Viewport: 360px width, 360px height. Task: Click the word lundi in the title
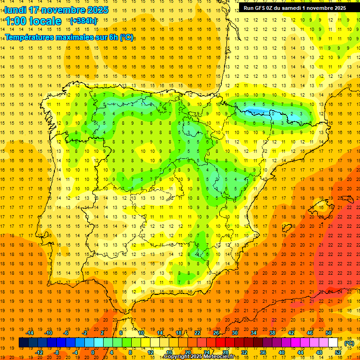[x=15, y=10]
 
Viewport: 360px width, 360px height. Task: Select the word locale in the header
[x=45, y=21]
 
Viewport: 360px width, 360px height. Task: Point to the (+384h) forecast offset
[x=83, y=21]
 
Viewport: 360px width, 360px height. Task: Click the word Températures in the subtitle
[x=30, y=37]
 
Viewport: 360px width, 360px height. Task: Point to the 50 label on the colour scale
[x=329, y=333]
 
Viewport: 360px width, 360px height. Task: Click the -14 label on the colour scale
[x=30, y=333]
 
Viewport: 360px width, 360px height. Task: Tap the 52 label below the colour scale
[x=338, y=352]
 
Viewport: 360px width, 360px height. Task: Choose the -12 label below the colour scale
[x=39, y=352]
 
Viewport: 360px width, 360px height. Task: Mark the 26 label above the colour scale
[x=216, y=333]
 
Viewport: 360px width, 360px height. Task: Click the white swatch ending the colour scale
[x=333, y=343]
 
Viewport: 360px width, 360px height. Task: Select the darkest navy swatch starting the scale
[x=23, y=343]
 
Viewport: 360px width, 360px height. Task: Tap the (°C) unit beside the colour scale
[x=349, y=343]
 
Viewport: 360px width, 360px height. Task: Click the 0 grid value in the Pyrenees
[x=273, y=113]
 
